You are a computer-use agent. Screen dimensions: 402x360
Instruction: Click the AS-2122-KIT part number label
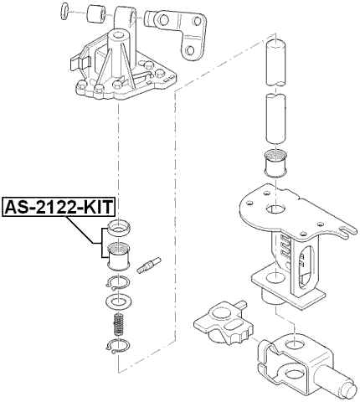59,206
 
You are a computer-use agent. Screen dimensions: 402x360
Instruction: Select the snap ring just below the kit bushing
118,282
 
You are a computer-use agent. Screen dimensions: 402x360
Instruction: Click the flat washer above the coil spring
118,299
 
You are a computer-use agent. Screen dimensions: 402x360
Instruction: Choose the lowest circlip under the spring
118,348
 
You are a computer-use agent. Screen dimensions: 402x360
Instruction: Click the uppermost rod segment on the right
275,62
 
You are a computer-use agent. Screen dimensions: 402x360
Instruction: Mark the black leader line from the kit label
97,233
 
